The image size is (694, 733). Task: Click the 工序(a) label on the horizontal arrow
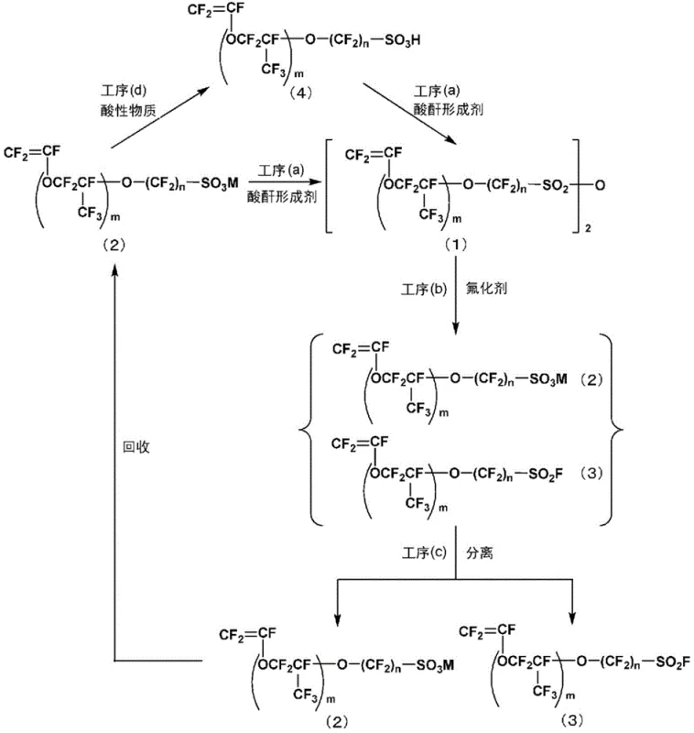coord(278,171)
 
